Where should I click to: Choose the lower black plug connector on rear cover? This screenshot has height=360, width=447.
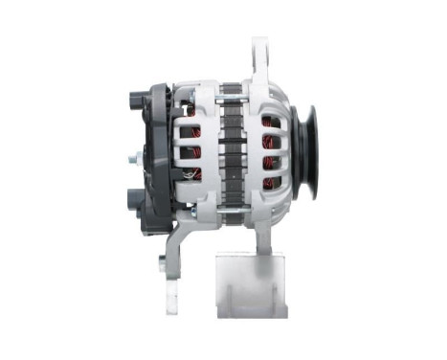[133, 202]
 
